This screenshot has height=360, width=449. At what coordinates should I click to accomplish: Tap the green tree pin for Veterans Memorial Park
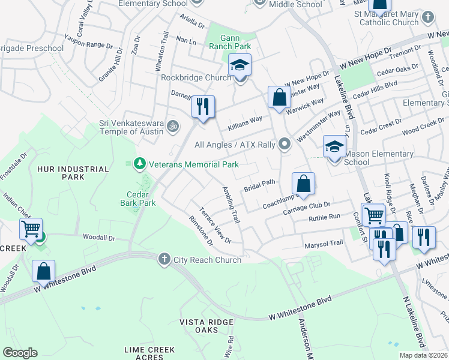139,164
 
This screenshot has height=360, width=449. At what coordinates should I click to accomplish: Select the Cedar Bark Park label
141,199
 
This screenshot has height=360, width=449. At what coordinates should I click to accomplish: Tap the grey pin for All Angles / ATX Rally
285,145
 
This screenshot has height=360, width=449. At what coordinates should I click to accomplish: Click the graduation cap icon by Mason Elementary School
334,146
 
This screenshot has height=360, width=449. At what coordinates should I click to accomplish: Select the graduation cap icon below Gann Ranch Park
240,65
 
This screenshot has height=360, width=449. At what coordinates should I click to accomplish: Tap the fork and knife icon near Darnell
202,107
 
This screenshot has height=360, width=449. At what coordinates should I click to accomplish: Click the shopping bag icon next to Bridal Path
303,184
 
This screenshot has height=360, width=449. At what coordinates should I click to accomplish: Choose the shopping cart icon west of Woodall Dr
30,228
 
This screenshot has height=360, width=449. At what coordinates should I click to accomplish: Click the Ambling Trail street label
231,205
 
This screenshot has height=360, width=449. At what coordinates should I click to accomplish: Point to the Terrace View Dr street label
215,225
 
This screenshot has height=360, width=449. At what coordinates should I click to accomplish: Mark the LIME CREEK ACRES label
149,353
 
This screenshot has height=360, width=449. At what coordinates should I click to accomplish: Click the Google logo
20,353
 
